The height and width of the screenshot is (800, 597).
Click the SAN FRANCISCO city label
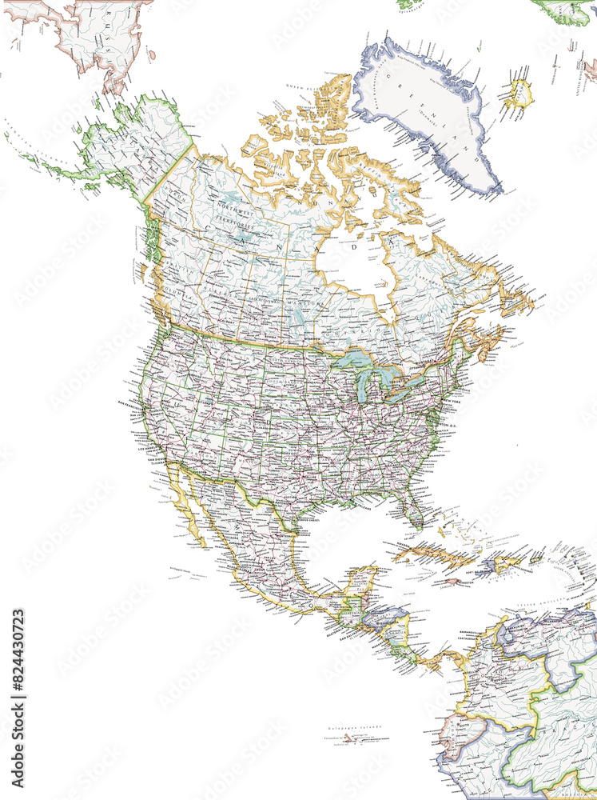132,402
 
